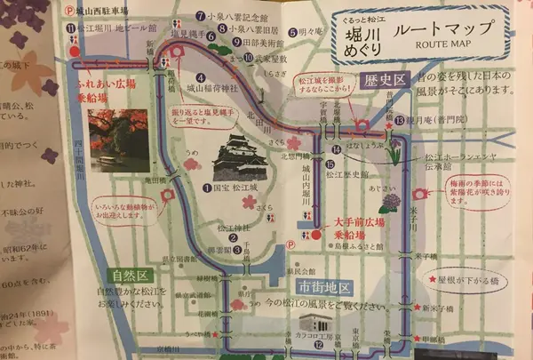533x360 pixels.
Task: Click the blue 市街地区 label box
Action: (x=321, y=287)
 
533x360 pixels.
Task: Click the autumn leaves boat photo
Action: (x=119, y=138)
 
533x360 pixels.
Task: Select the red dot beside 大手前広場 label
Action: (x=316, y=234)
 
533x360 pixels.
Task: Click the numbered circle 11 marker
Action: (x=70, y=27)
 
